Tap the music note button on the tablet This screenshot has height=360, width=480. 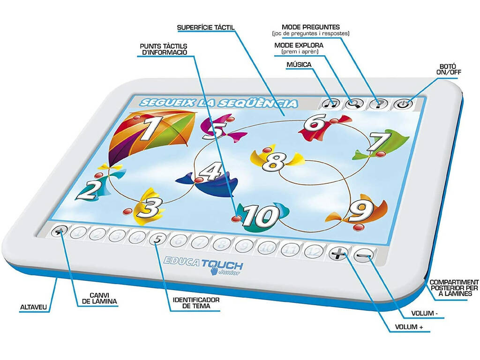[x=331, y=104]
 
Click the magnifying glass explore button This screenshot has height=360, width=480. [x=354, y=104]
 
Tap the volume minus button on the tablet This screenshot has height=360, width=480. [x=363, y=255]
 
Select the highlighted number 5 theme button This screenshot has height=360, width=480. [x=157, y=239]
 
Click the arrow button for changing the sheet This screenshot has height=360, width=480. [x=60, y=232]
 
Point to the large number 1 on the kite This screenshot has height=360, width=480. [x=150, y=128]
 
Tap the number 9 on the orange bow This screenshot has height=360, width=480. [x=361, y=211]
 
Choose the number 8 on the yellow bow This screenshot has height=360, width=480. [x=273, y=162]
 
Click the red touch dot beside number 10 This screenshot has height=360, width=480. [x=236, y=218]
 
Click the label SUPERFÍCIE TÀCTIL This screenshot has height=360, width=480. [x=206, y=28]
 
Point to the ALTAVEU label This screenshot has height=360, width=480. [x=34, y=307]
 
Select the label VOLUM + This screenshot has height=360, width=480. [x=409, y=327]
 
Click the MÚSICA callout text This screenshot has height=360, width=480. [x=299, y=65]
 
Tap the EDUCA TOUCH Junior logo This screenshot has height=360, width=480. [x=203, y=265]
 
